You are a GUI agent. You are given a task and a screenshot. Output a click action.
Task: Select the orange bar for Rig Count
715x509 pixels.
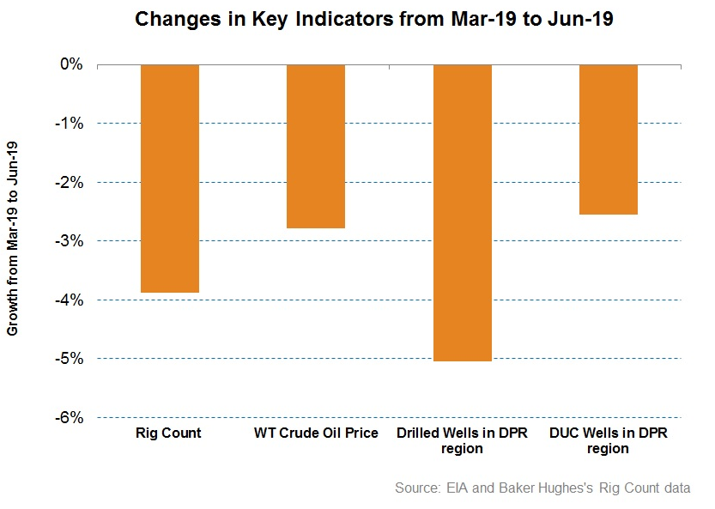click(170, 179)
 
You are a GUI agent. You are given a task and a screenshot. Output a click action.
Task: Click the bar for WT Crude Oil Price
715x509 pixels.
click(316, 146)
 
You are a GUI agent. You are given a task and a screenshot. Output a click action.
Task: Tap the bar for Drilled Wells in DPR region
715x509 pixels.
click(462, 213)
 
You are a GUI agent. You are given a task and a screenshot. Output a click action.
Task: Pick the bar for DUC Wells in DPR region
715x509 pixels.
click(609, 139)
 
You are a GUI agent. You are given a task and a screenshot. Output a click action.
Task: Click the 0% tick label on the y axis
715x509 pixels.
click(70, 64)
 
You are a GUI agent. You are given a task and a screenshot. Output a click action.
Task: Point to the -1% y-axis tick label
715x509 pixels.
click(68, 124)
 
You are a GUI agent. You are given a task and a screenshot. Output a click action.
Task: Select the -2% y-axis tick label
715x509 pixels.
click(68, 182)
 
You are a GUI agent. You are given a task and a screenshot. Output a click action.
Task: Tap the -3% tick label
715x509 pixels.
click(68, 241)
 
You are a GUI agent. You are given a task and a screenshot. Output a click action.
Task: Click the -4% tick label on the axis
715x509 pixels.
click(68, 300)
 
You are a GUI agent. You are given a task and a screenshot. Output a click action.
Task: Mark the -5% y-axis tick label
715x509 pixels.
click(68, 359)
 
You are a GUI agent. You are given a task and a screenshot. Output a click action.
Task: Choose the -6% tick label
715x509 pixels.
click(68, 417)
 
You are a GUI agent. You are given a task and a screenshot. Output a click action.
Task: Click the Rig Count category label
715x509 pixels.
click(169, 433)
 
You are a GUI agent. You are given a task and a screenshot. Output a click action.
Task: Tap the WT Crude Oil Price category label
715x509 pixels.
click(316, 433)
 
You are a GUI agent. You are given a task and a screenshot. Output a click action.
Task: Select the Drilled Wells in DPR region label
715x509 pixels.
click(463, 440)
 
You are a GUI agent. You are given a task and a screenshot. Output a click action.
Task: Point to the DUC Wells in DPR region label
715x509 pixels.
click(609, 440)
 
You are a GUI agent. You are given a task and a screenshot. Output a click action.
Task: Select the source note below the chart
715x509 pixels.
click(542, 488)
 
